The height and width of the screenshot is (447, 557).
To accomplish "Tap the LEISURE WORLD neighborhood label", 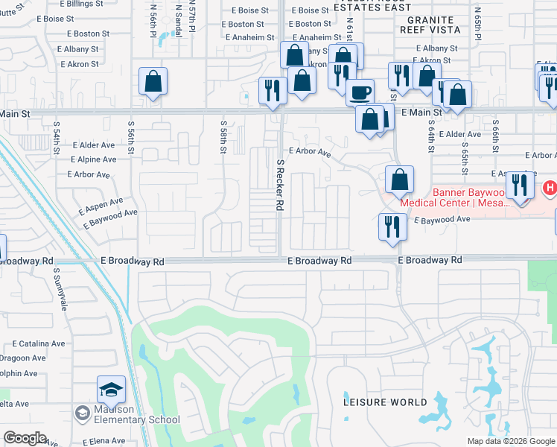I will point(386,402).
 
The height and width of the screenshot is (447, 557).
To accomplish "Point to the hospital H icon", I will point(550,187).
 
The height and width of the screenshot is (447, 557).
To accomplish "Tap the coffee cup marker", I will point(360,92).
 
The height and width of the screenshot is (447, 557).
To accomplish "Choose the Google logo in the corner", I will point(25,438).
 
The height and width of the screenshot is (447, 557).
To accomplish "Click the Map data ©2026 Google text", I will point(511,441).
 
